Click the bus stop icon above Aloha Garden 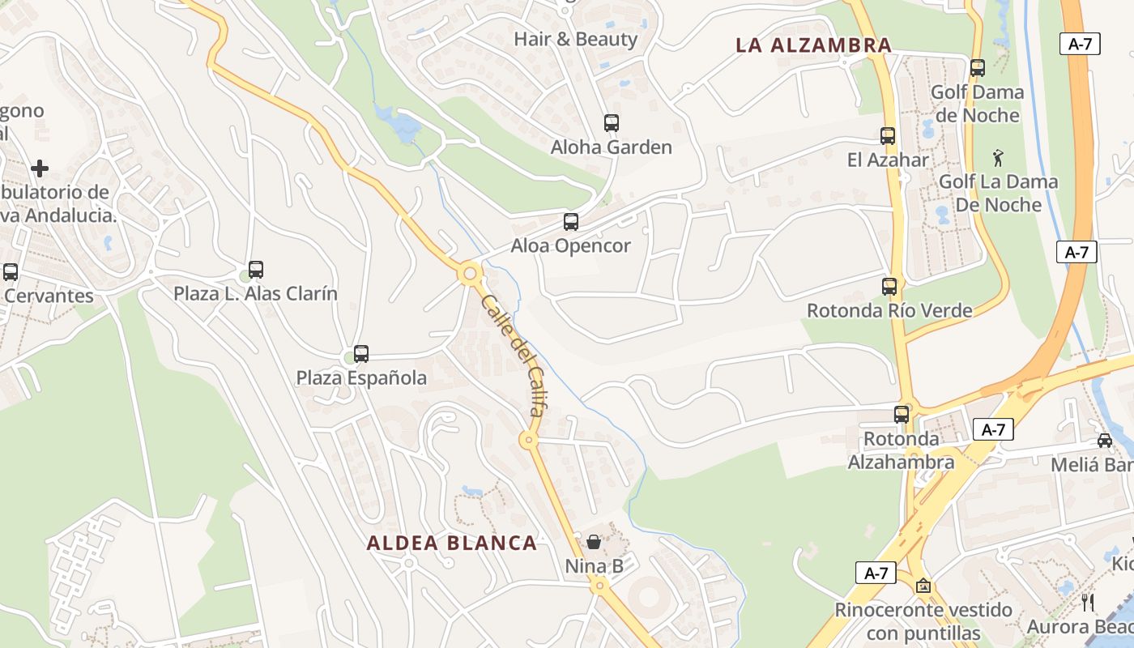tap(612, 123)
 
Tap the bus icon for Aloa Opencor tap(571, 221)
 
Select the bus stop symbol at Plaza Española tap(361, 353)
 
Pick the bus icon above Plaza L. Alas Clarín tap(256, 269)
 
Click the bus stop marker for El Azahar tap(888, 136)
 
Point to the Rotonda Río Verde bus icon tap(889, 286)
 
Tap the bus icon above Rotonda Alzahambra tap(902, 414)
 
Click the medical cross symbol tap(40, 168)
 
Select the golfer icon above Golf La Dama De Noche tap(998, 157)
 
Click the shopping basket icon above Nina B tap(594, 541)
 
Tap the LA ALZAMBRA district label tap(813, 45)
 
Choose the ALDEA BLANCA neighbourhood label tap(452, 543)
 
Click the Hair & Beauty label tap(576, 39)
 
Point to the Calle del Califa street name tap(513, 355)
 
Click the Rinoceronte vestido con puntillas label tap(923, 620)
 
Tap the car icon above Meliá tap(1105, 440)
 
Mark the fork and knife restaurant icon tap(1088, 602)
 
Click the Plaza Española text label tap(361, 377)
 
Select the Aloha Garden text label tap(612, 147)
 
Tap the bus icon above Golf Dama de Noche tap(978, 68)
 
